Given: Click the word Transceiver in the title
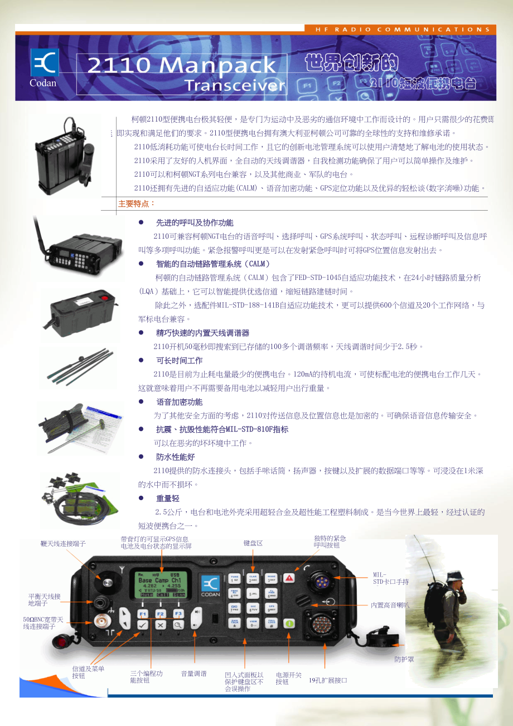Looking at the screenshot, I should pos(234,86).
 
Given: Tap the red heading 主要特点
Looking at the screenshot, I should pos(137,204).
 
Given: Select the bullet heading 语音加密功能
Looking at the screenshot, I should pos(179,402).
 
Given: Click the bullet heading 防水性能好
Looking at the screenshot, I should pos(175,457).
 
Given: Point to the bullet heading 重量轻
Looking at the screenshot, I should pos(167,498).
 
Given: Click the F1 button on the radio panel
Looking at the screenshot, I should pos(143,613).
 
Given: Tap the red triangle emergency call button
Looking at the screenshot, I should pos(289,578).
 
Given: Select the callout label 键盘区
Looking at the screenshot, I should pos(253,543).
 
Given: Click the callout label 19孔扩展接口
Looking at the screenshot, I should pos(328,680).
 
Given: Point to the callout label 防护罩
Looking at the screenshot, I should pos(404,659).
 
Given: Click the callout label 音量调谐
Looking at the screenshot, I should pos(193,674).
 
